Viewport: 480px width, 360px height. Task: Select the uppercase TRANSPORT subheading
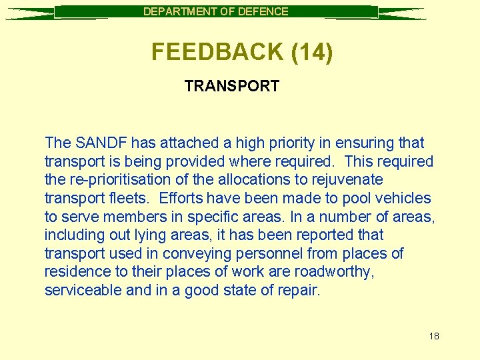click(231, 86)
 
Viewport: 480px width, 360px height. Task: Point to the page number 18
click(434, 336)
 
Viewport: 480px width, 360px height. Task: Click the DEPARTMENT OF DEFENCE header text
click(216, 11)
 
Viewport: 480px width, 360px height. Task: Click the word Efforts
click(181, 198)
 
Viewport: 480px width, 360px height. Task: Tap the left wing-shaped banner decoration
click(30, 13)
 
